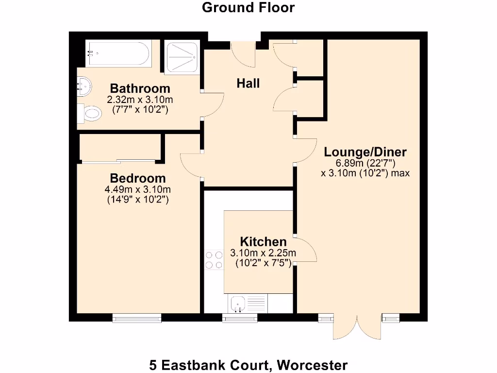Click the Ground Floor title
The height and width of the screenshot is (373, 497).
248,8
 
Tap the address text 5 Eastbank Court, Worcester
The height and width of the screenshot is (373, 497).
248,365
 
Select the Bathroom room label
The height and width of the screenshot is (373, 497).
140,88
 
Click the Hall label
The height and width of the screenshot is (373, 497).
248,83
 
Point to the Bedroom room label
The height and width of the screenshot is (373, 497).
137,178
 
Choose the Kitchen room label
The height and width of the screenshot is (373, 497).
263,241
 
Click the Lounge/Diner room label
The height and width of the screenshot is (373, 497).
365,152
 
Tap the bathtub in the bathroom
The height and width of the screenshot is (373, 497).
118,54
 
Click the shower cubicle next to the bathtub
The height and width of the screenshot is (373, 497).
182,57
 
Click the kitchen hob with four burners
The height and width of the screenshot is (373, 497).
214,259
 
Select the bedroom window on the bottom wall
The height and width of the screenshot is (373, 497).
136,318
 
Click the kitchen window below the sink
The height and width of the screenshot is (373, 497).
240,318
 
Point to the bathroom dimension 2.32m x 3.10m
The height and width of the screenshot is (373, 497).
140,100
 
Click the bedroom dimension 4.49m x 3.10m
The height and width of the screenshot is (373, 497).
137,189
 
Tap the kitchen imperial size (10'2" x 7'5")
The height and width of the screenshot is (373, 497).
263,264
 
